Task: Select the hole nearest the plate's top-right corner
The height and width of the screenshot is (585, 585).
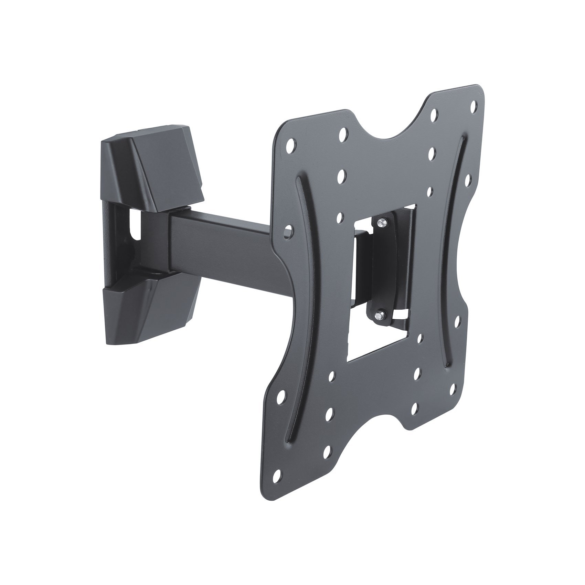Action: point(473,104)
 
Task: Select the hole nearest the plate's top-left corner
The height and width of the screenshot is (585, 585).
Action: point(291,144)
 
